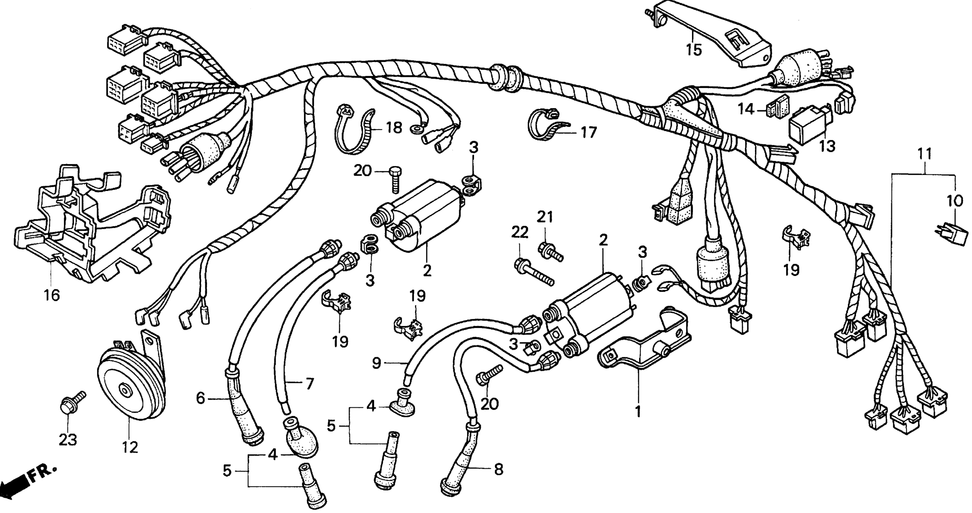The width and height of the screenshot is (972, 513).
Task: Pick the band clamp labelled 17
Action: [547, 124]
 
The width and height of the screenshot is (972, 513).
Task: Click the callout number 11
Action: [925, 154]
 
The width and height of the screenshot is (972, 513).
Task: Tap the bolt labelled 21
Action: [551, 252]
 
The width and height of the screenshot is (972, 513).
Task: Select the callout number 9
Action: [377, 363]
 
